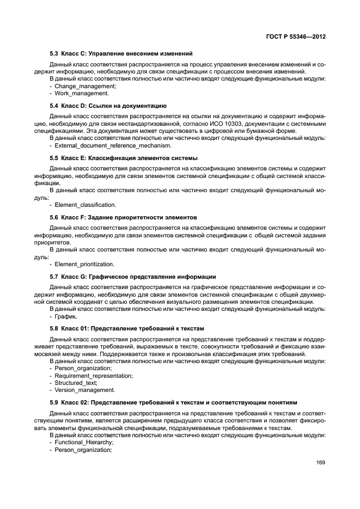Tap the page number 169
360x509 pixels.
pyautogui.click(x=320, y=463)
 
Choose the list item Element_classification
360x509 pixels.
pyautogui.click(x=85, y=205)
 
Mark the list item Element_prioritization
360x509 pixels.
pyautogui.click(x=84, y=264)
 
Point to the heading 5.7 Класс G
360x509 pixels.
pyautogui.click(x=133, y=277)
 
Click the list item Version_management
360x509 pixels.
pyautogui.click(x=84, y=390)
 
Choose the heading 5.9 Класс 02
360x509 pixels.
pyautogui.click(x=173, y=402)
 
